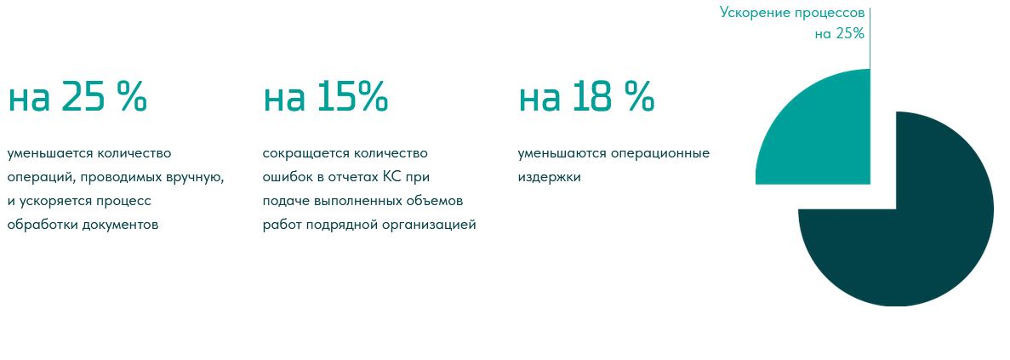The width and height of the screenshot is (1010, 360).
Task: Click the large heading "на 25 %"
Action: point(77,97)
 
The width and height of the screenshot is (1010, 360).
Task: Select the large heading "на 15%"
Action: point(325,97)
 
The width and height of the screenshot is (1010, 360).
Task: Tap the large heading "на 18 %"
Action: point(586,97)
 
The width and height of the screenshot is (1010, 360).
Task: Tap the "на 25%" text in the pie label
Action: point(839,34)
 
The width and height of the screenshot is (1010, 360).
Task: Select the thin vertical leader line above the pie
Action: point(870,38)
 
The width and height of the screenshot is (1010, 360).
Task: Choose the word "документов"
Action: point(121,226)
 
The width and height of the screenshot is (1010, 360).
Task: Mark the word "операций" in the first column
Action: point(33,179)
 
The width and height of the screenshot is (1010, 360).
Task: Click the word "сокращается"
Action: point(301,154)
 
